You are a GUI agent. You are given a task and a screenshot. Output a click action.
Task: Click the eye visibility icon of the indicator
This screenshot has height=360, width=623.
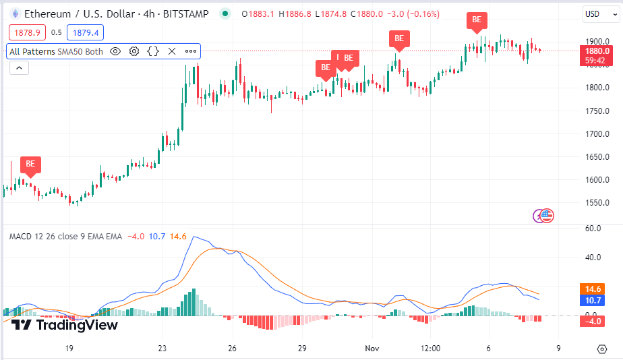(115, 51)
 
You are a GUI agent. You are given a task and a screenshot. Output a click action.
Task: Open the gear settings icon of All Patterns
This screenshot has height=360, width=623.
(134, 51)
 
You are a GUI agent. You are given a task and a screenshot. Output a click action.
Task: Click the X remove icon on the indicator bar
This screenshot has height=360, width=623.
(172, 51)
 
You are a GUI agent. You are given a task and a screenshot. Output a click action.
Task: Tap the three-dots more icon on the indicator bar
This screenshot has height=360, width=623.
(191, 51)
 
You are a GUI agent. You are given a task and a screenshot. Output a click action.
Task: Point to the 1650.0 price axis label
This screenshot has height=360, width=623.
(597, 157)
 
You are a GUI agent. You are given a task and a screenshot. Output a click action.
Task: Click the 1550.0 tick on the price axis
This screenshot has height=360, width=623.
(597, 203)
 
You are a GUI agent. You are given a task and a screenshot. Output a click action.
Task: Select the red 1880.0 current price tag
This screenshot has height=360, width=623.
(597, 51)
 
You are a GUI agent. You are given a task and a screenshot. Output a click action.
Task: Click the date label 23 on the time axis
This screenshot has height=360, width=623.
(162, 349)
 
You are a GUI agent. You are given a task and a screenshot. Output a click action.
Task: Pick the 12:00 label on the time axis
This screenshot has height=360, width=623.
(429, 349)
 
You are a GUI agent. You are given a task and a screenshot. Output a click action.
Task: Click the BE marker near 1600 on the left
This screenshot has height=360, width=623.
(30, 164)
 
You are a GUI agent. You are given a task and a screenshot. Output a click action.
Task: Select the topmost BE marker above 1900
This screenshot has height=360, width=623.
(477, 20)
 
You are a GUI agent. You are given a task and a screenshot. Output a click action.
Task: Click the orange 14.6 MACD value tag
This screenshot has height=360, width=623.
(593, 289)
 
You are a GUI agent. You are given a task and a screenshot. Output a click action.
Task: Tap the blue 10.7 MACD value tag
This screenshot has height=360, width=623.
(593, 301)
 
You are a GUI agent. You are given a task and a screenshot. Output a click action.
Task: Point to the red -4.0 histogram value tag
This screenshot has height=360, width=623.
(593, 321)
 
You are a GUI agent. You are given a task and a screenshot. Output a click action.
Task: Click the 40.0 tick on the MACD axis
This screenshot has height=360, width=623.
(593, 257)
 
